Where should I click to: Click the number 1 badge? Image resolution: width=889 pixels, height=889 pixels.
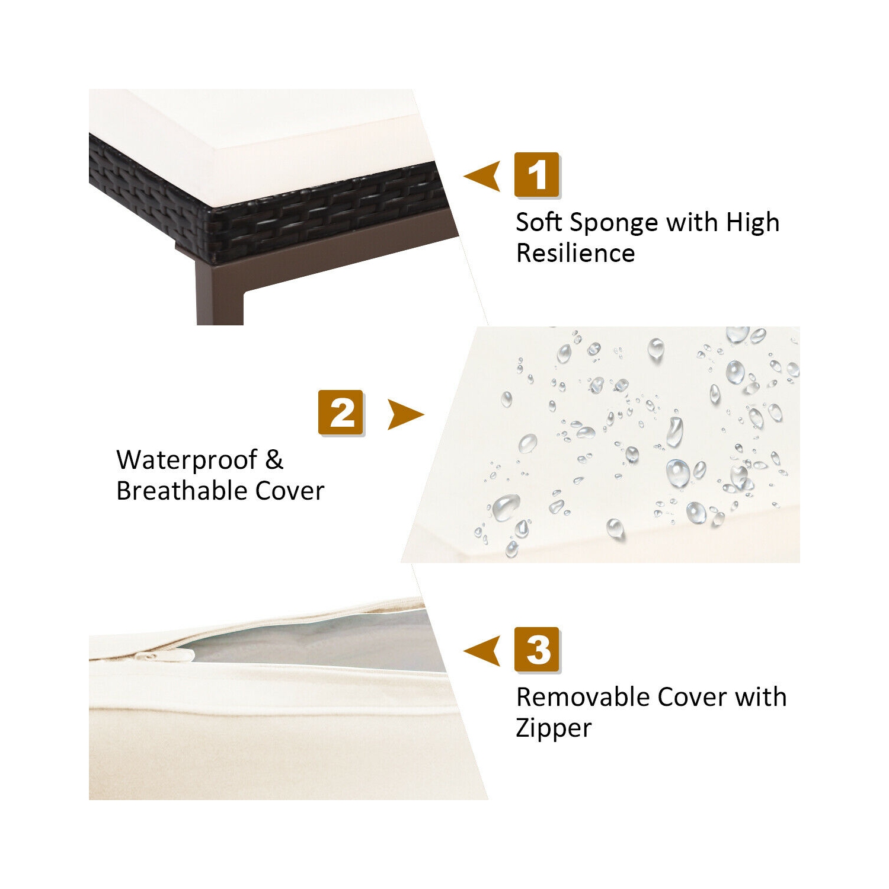point(537,175)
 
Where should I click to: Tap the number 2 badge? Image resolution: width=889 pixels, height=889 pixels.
point(341,413)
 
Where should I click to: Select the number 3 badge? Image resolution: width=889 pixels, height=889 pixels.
point(537,650)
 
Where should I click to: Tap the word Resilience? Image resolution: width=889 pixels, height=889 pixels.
point(575,253)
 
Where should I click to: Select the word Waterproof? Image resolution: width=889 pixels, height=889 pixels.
point(187,461)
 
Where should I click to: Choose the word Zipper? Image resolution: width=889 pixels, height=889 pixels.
point(554,729)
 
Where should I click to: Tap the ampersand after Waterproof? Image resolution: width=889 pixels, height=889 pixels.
point(274,460)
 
